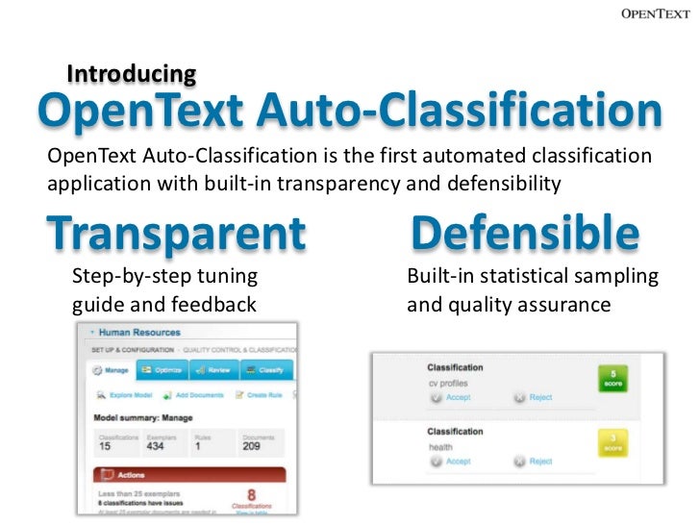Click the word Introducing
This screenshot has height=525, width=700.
click(x=132, y=74)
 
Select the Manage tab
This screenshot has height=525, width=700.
click(x=112, y=369)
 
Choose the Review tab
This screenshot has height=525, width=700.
click(x=213, y=369)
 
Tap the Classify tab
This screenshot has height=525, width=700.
click(x=263, y=369)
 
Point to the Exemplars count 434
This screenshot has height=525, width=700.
click(x=154, y=446)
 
